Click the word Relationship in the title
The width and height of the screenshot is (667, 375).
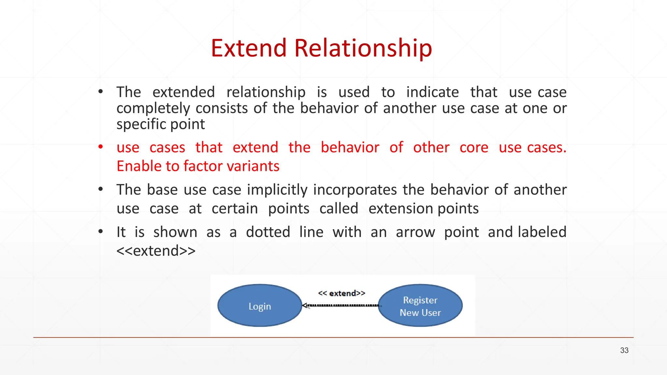(363, 48)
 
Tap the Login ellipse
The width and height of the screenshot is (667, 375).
(260, 306)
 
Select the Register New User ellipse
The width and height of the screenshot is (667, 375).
(420, 306)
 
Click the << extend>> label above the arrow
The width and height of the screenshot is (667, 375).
(341, 293)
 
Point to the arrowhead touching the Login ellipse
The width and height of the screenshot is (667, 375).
(305, 305)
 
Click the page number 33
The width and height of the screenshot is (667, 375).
(624, 350)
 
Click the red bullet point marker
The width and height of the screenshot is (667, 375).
(101, 147)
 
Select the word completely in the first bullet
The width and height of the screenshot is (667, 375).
(153, 109)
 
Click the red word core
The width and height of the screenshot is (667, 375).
(474, 147)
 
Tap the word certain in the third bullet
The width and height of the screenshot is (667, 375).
(234, 209)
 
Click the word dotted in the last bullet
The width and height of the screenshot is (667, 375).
(268, 232)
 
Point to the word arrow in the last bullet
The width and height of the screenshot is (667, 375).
(415, 232)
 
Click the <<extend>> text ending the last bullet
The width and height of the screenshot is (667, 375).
(156, 251)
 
